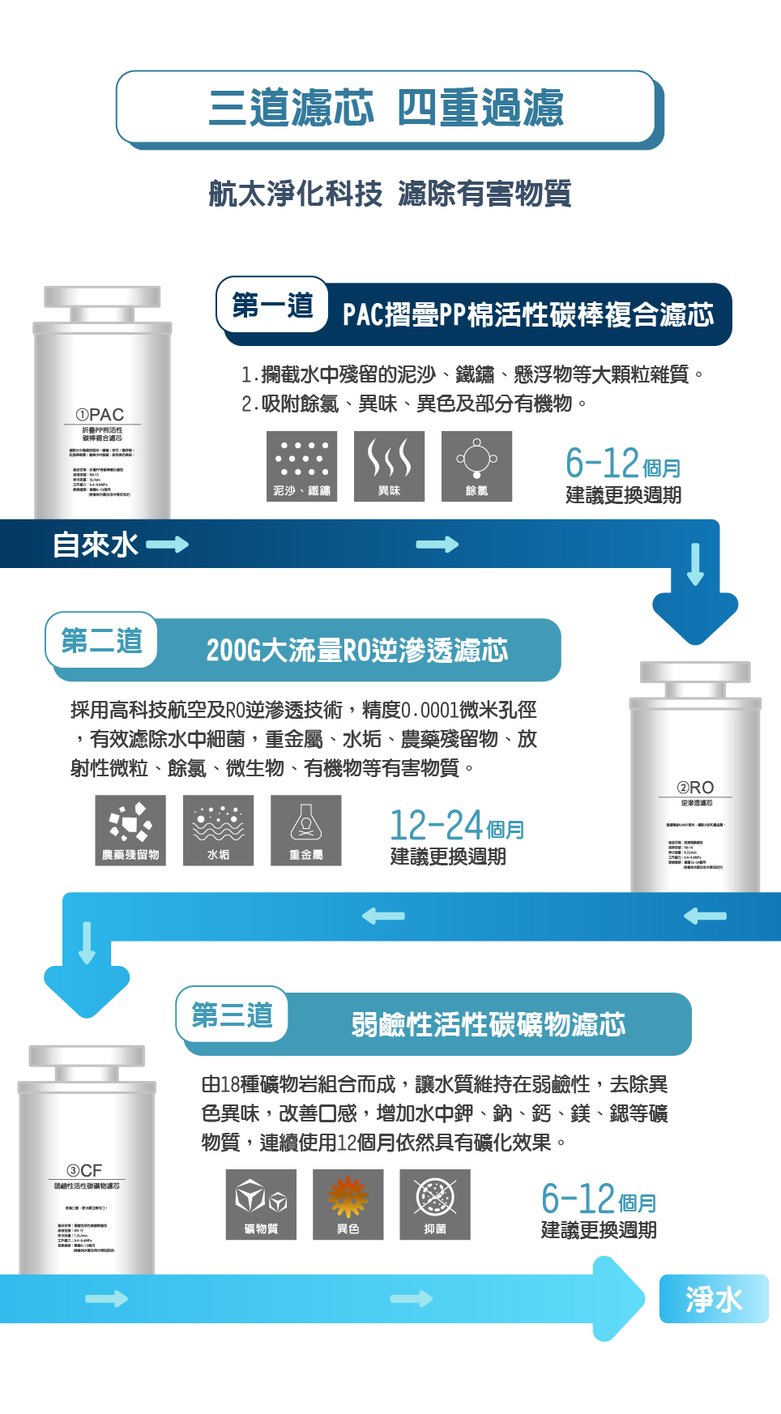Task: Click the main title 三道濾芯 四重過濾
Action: point(386,107)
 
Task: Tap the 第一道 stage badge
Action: point(272,305)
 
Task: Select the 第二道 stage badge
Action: point(101,640)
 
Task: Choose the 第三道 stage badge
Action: point(232,1015)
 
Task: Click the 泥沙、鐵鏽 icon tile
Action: point(302,467)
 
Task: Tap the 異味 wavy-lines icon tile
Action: point(390,467)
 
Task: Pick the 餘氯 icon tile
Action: point(477,467)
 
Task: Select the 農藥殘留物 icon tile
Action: point(130,831)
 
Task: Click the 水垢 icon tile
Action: point(219,831)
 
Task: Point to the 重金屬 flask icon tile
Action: point(306,831)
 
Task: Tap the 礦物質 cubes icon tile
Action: point(261,1205)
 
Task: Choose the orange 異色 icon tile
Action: point(348,1205)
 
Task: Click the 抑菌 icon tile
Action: point(435,1205)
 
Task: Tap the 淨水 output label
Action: point(714,1299)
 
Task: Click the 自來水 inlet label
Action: point(96,545)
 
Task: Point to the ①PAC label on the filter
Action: point(100,415)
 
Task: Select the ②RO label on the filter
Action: point(696,788)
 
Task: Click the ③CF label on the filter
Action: point(85,1171)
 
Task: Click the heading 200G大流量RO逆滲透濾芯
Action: point(357,650)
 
